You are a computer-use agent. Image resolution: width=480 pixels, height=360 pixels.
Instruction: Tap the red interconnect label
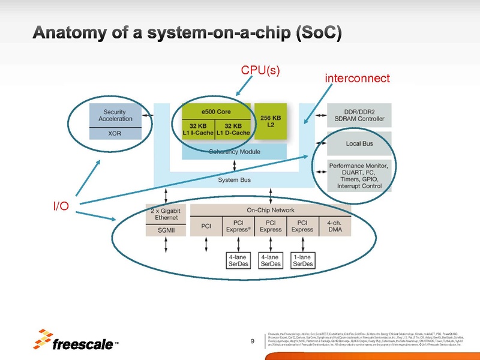(x=357, y=79)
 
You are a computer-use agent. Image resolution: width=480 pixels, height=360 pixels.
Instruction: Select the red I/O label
(x=61, y=207)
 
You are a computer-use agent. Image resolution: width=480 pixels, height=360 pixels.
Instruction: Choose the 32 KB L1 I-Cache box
(x=198, y=129)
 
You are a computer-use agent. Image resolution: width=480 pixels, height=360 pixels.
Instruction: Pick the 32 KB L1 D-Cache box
(x=233, y=129)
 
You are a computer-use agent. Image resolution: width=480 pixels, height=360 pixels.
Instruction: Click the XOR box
(x=115, y=134)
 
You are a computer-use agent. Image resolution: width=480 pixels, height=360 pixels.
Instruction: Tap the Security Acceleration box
(x=115, y=115)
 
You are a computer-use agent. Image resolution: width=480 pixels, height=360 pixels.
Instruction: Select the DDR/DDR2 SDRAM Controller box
(x=359, y=115)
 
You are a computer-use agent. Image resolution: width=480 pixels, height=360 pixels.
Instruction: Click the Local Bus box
(x=359, y=143)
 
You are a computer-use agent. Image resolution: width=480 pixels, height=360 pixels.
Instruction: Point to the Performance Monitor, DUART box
(x=359, y=175)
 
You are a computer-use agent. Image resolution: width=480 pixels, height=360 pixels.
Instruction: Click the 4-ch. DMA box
(x=335, y=226)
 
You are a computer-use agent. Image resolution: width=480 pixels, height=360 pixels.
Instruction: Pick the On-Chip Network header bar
(x=271, y=210)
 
